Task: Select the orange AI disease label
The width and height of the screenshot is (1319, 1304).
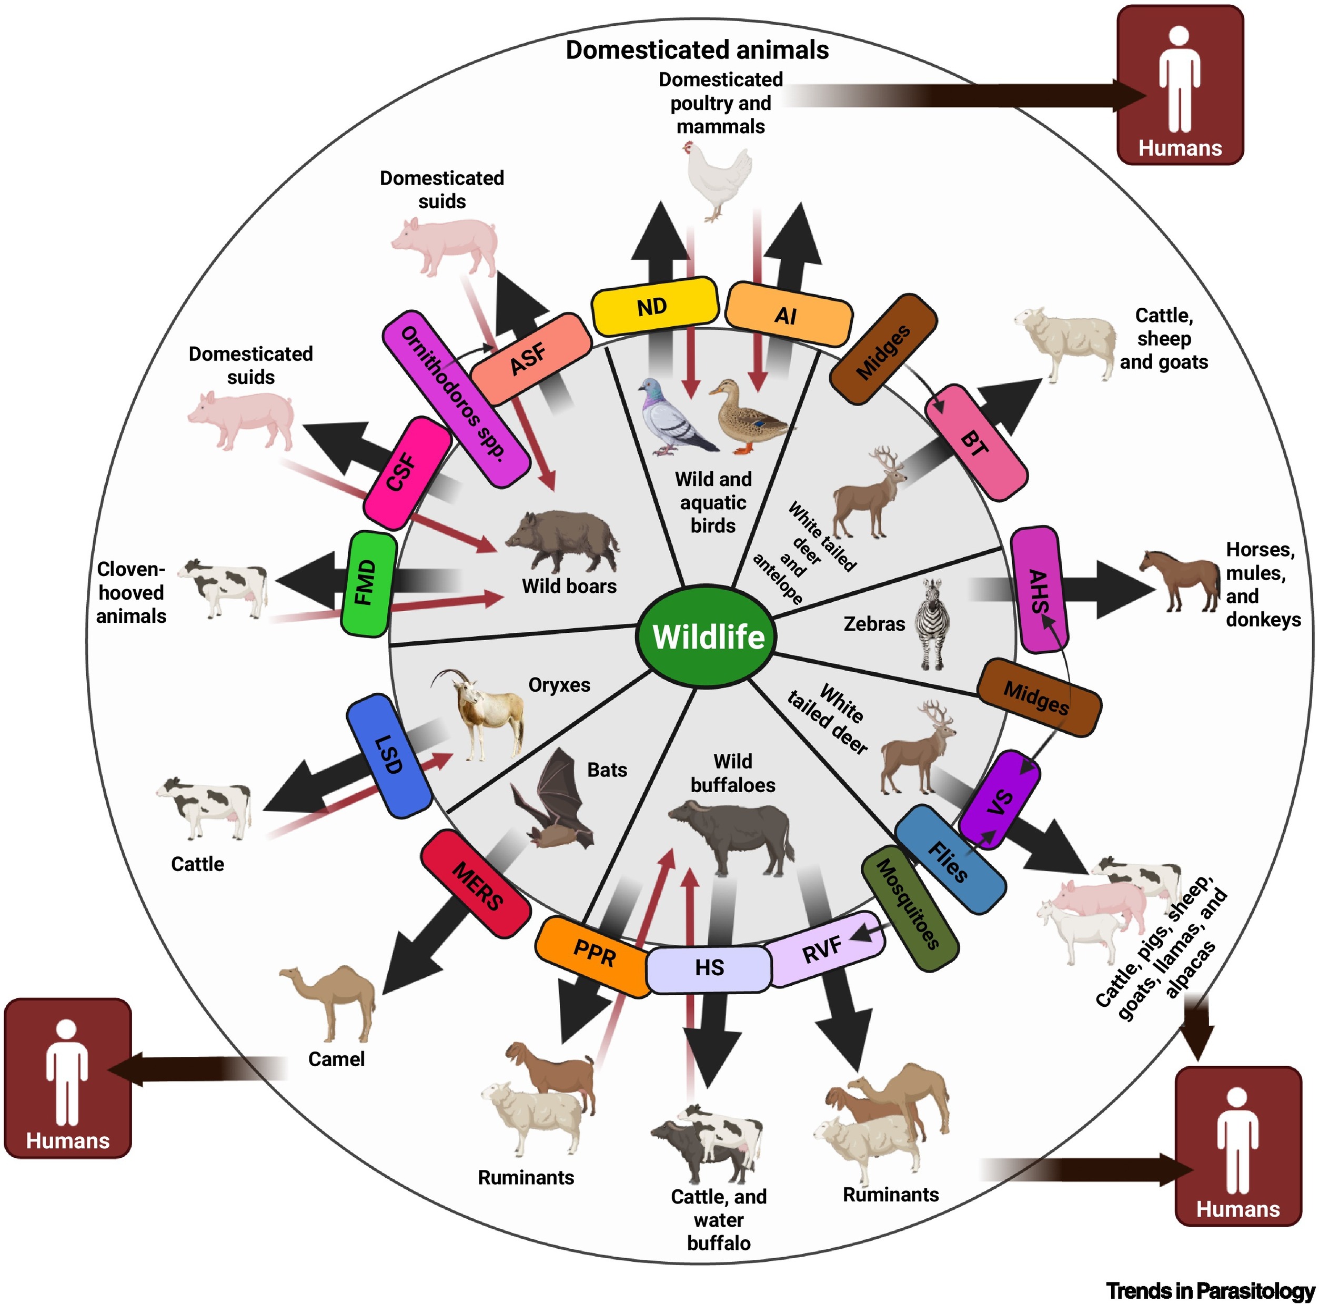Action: click(788, 314)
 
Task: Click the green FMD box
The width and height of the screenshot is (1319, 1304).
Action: click(368, 584)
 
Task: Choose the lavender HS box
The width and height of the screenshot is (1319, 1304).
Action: click(709, 968)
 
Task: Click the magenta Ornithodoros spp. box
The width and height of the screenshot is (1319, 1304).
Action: click(456, 399)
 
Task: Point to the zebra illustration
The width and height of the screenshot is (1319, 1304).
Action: click(931, 624)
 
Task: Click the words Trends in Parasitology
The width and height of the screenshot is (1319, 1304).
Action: click(1210, 1290)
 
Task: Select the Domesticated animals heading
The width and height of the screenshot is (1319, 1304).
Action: click(697, 50)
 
